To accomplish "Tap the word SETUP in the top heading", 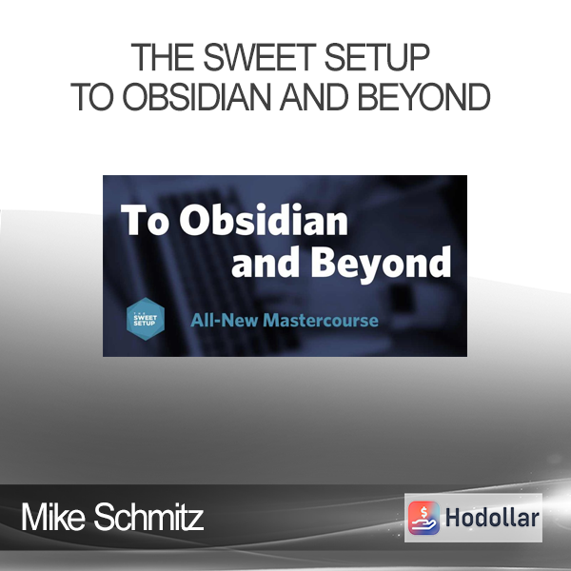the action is (x=377, y=57).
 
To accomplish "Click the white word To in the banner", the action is (x=145, y=220).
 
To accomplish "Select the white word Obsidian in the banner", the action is (x=264, y=219).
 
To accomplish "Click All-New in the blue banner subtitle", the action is (x=224, y=321).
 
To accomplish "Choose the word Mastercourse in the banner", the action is (x=321, y=321).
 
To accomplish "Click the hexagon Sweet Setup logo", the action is (x=146, y=319).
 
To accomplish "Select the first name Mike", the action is (x=52, y=517).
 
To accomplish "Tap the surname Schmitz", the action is (x=148, y=517).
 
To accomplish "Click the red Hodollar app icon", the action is (x=423, y=518).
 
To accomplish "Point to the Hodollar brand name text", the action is (x=492, y=518).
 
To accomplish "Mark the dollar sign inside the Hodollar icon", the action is (x=423, y=511).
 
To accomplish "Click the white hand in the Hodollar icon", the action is (x=423, y=523).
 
